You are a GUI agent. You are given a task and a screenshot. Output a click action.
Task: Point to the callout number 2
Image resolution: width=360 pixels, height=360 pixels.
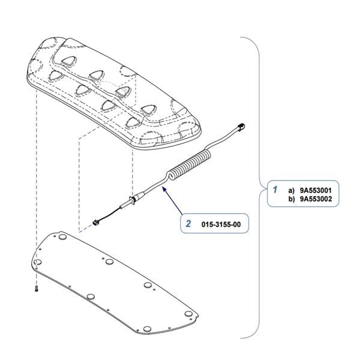[188, 224]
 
